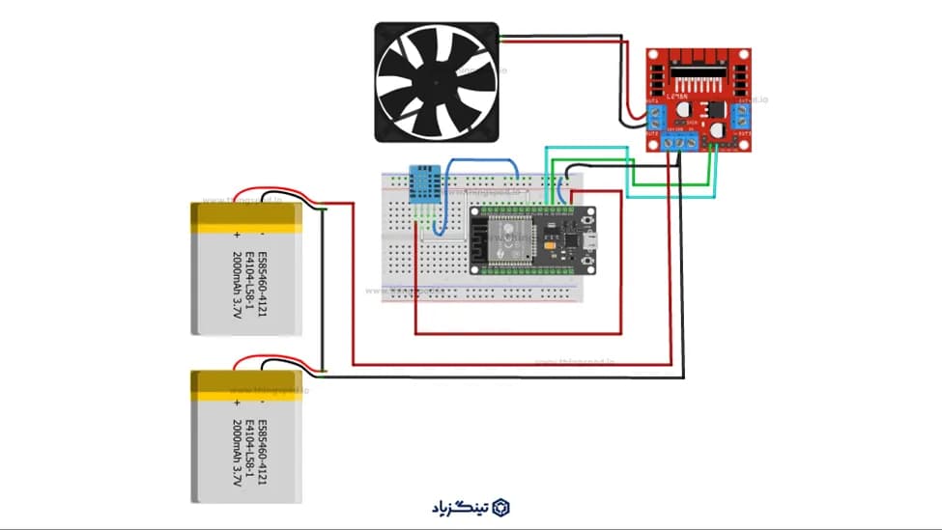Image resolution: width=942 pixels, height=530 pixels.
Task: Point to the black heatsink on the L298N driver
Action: (x=700, y=70)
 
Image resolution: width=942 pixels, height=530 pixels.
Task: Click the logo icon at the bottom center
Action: (x=500, y=507)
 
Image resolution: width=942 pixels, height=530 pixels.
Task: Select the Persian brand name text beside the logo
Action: (x=461, y=507)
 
